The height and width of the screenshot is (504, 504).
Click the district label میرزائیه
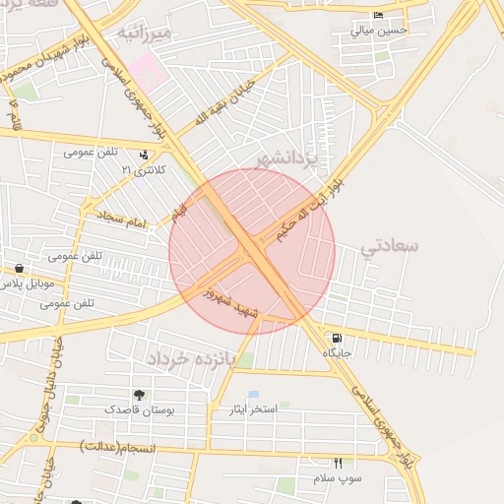145,33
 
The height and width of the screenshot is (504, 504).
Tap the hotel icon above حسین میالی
379,16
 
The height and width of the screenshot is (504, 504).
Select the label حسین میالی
379,31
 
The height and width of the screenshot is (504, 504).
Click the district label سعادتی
390,245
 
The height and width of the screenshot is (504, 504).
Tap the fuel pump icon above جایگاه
337,337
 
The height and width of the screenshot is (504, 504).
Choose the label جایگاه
337,351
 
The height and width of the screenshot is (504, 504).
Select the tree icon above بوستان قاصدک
139,394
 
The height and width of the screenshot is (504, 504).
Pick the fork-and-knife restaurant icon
338,462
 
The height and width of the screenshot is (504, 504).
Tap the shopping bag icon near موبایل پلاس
19,268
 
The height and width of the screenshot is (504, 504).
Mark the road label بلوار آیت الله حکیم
309,208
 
